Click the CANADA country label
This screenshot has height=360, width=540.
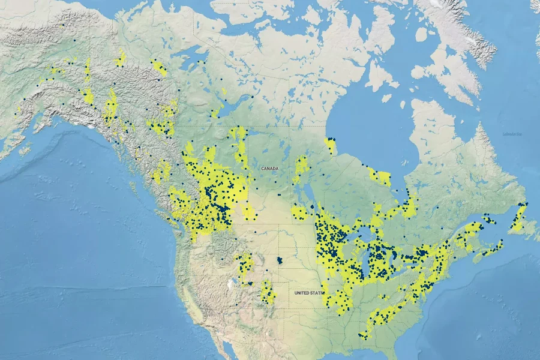[269, 169]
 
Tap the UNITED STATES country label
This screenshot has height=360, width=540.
[308, 293]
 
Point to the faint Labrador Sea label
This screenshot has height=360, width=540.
[512, 133]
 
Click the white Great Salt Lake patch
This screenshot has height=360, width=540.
[230, 281]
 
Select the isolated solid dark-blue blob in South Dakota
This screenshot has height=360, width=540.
[279, 262]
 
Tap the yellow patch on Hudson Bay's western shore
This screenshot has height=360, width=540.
[331, 145]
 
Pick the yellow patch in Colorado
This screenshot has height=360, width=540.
[268, 292]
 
